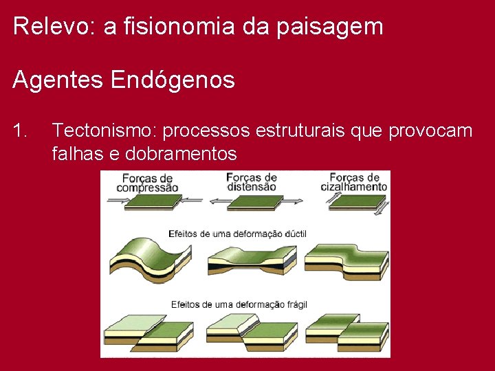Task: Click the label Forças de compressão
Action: coord(147,183)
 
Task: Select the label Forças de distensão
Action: coord(251,182)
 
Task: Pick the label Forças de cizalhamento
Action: coord(354,182)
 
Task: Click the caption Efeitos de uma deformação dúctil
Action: coord(239,234)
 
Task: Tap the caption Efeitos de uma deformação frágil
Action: coord(239,304)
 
